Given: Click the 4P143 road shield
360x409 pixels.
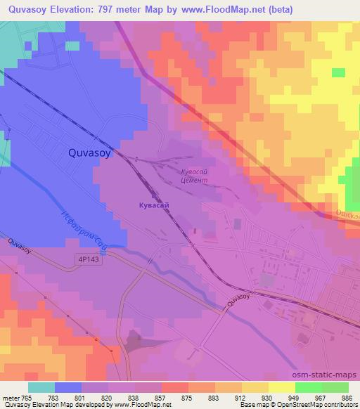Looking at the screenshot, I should click(x=89, y=260).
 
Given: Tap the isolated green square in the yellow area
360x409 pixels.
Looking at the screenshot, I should click(x=338, y=72).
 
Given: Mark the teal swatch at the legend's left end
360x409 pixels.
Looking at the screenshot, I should click(x=41, y=387).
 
